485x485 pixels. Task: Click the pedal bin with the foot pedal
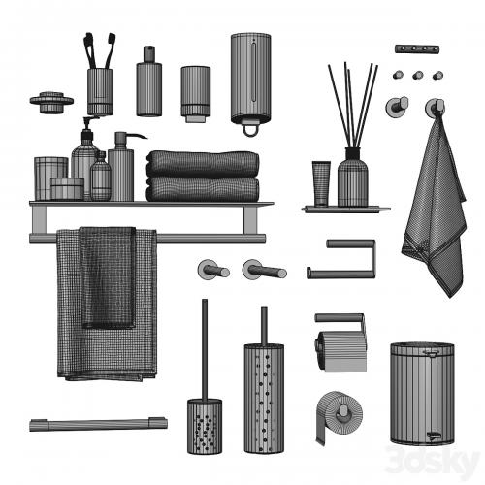422,393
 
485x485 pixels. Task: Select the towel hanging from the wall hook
435,207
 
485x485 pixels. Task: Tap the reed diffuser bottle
353,177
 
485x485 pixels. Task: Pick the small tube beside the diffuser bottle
321,183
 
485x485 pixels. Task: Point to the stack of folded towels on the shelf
203,177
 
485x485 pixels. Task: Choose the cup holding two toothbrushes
100,92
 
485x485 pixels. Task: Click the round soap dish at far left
51,102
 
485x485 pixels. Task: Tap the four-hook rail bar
417,48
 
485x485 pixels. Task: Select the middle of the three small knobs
418,76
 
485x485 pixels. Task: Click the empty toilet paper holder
341,259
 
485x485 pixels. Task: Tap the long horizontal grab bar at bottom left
99,424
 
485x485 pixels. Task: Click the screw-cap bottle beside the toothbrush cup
149,81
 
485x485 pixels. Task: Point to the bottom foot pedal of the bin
433,436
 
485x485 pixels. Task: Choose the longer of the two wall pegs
265,269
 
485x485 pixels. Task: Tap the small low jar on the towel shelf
67,188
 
